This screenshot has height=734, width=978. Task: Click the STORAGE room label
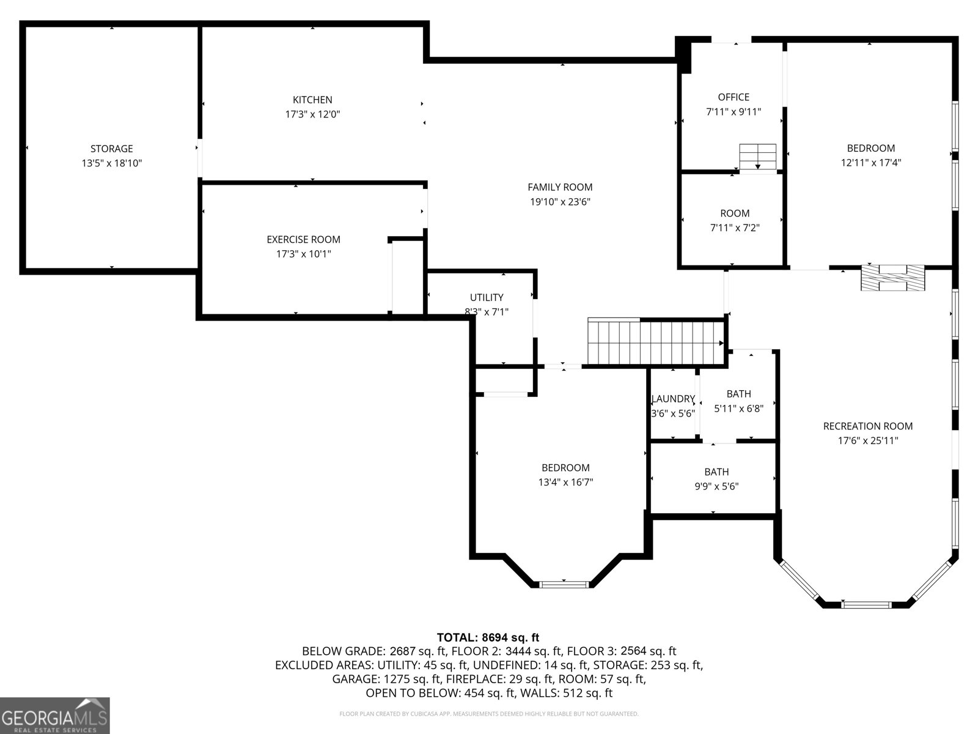tap(111, 149)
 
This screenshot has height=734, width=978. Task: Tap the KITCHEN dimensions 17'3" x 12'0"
tap(312, 114)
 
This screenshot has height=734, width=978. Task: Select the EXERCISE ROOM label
tap(303, 240)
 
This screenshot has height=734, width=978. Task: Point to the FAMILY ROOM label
tap(560, 187)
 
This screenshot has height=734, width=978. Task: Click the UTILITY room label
tap(487, 297)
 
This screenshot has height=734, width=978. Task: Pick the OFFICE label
tap(733, 97)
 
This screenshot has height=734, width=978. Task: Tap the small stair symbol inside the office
tap(757, 157)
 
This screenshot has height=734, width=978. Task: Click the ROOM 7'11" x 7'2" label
tap(735, 213)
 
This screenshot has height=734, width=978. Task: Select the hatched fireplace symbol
tap(892, 278)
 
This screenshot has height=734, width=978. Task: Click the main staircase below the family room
tap(655, 342)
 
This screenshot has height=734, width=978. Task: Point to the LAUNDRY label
tap(673, 399)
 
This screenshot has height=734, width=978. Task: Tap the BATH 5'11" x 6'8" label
tap(738, 394)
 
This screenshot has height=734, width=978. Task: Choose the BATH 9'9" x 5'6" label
tap(716, 472)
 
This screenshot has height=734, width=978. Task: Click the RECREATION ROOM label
tap(867, 426)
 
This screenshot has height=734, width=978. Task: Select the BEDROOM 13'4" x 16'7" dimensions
tap(565, 483)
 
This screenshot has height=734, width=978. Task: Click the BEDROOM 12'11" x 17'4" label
tap(870, 148)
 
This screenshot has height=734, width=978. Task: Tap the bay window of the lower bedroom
tap(564, 584)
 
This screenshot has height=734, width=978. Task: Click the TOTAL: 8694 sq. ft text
tap(488, 637)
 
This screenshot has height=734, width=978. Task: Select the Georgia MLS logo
tap(55, 715)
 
